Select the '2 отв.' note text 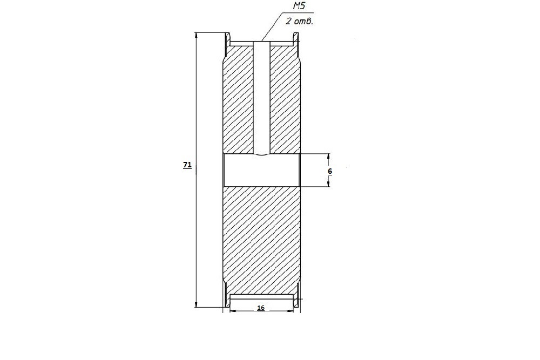pyautogui.click(x=299, y=22)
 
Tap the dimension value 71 pyautogui.click(x=187, y=165)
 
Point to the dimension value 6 pyautogui.click(x=330, y=171)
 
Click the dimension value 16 pyautogui.click(x=261, y=308)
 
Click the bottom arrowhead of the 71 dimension pyautogui.click(x=197, y=304)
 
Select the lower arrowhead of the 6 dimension pyautogui.click(x=328, y=183)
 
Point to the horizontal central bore pyautogui.click(x=262, y=170)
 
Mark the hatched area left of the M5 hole pyautogui.click(x=238, y=100)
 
